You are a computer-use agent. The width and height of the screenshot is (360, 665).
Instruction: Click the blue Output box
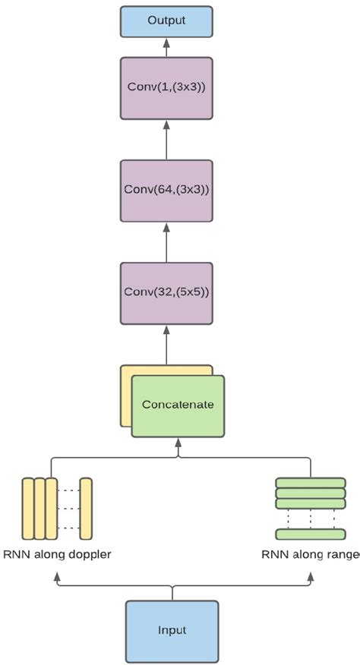(x=165, y=22)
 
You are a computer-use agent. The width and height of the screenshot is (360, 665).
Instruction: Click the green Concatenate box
(x=178, y=405)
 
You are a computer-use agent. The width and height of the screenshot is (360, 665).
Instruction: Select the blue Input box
(x=172, y=630)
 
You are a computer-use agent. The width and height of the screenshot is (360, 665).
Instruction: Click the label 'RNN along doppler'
(x=57, y=554)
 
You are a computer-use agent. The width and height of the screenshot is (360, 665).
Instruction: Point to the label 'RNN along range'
(x=310, y=554)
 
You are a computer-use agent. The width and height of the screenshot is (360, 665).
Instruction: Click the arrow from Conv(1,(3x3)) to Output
(x=165, y=49)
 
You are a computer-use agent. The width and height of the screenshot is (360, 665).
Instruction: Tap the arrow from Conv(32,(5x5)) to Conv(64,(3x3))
(x=165, y=241)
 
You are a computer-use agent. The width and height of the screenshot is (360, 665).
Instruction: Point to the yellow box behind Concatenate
(x=126, y=395)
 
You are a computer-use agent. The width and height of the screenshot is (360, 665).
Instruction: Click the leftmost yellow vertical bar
(x=27, y=507)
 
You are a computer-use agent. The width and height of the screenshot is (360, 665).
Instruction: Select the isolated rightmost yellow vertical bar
(x=86, y=507)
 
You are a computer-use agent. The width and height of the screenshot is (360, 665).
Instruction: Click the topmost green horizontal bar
(x=310, y=482)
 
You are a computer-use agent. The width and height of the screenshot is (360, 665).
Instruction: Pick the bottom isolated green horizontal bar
(x=310, y=534)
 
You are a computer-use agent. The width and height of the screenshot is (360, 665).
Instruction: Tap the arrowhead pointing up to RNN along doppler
(x=57, y=578)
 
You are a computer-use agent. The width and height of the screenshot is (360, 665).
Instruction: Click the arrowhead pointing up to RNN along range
(x=310, y=578)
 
